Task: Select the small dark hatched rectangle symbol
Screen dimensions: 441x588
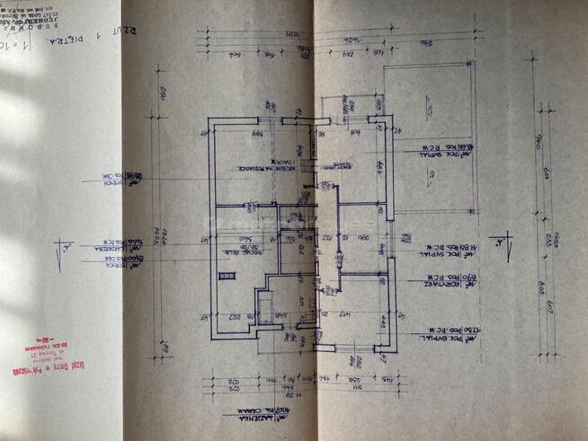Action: pyautogui.click(x=230, y=276)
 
